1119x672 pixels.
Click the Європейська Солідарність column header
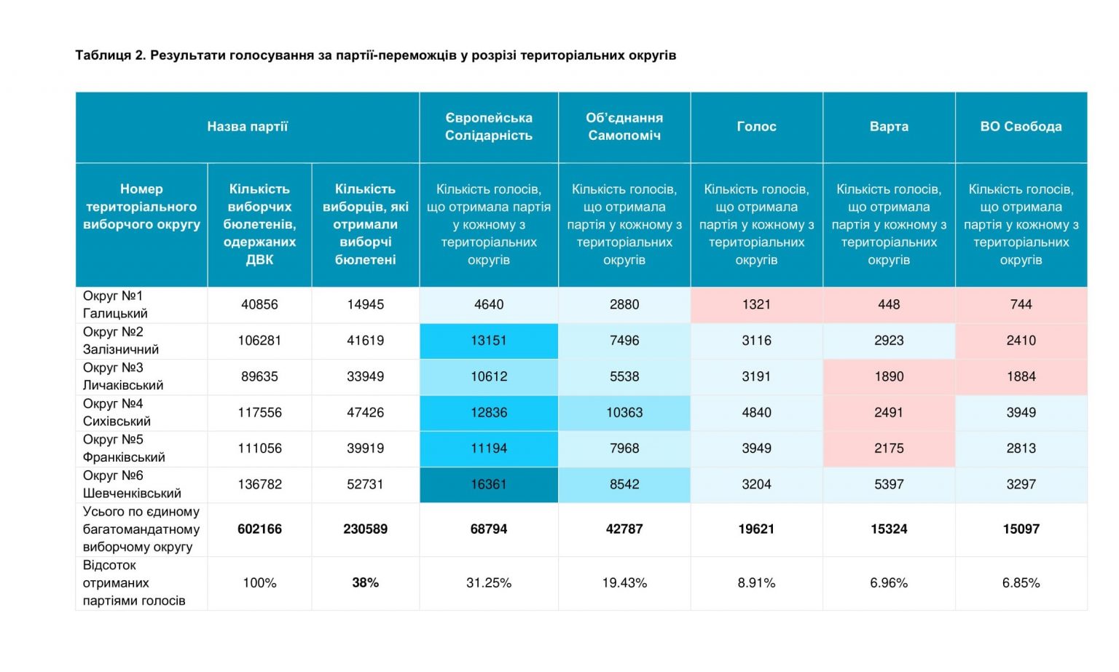click(x=489, y=127)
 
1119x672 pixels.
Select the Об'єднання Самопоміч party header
click(x=624, y=127)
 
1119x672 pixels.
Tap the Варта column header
click(x=889, y=127)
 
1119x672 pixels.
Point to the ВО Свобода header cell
click(x=1021, y=127)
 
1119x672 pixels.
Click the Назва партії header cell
click(x=247, y=127)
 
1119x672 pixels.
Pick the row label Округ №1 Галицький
click(x=115, y=304)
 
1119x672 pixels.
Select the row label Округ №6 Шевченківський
click(x=132, y=484)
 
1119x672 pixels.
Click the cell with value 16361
click(x=489, y=484)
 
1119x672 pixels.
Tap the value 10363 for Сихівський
click(x=624, y=412)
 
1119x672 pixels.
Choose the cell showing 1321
click(x=756, y=304)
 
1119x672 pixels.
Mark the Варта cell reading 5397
click(x=889, y=484)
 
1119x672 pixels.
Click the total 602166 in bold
click(x=259, y=529)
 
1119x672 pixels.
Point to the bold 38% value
click(x=365, y=582)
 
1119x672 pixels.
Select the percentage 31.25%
click(x=489, y=582)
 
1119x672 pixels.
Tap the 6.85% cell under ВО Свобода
click(x=1021, y=582)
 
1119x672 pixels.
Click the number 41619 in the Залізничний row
click(x=365, y=341)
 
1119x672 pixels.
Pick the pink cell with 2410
click(x=1021, y=341)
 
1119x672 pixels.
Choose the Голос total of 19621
click(x=756, y=529)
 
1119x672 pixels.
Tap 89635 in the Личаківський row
click(x=259, y=376)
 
